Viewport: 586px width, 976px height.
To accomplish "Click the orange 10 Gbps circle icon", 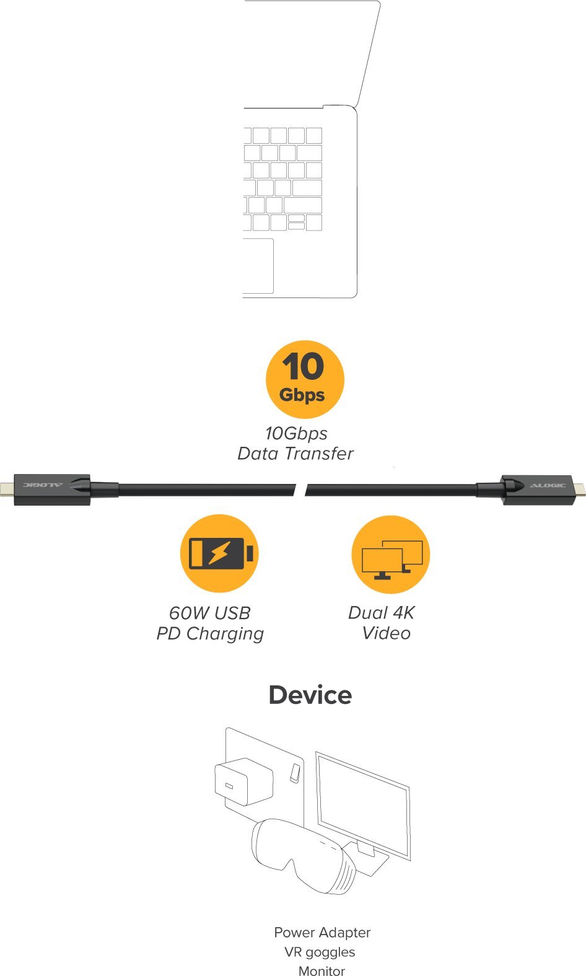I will tap(304, 379).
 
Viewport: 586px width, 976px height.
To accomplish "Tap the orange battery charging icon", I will tap(219, 553).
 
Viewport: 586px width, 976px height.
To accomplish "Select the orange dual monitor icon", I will tap(390, 554).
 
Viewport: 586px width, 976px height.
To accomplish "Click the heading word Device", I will tap(310, 695).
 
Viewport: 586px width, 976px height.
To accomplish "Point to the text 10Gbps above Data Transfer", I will tap(296, 433).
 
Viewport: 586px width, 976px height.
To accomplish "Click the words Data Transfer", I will tap(295, 454).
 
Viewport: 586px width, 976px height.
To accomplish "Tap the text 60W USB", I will tap(210, 613).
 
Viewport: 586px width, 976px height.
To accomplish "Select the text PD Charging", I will tap(210, 633).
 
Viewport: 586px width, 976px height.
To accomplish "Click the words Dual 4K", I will tap(381, 613).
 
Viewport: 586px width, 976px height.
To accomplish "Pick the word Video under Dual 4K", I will tap(386, 633).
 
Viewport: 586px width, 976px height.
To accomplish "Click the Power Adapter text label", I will tap(322, 933).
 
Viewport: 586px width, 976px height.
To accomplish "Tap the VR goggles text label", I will tap(320, 952).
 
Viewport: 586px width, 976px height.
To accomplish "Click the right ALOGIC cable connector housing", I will tap(538, 490).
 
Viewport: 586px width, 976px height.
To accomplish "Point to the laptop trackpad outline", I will tap(258, 266).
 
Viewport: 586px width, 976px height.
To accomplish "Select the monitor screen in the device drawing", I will tap(363, 802).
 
